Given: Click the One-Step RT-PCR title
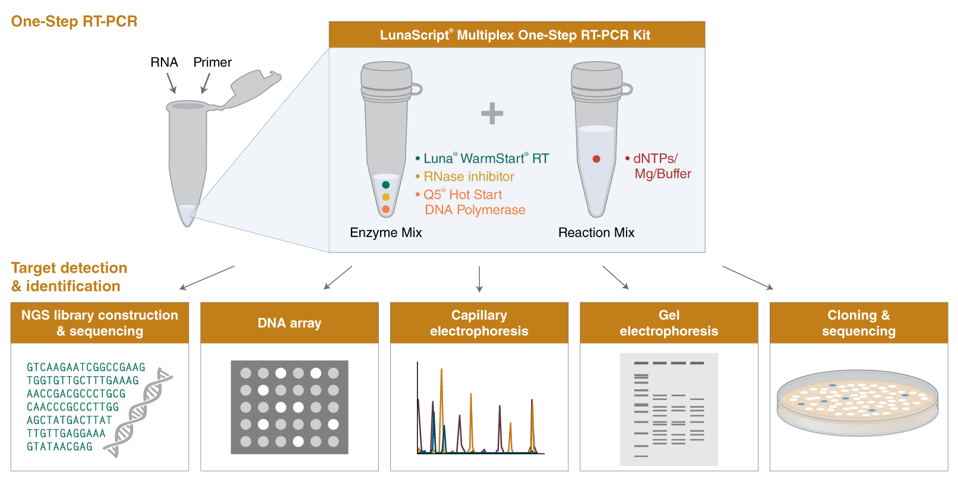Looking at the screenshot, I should click(74, 21).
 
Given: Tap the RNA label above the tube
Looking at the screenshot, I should click(164, 62).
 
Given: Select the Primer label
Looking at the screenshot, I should click(212, 62).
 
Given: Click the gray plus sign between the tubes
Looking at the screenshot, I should click(492, 114).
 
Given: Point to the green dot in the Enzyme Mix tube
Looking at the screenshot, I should click(385, 185).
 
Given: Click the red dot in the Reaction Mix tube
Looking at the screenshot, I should click(596, 159).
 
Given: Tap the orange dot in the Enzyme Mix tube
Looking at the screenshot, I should click(385, 209).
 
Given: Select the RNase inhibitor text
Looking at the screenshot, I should click(469, 177).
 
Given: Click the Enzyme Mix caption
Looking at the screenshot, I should click(385, 232).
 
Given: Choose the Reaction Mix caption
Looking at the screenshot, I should click(596, 232).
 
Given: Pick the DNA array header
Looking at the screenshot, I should click(289, 323).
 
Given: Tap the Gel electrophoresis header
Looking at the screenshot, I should click(669, 323).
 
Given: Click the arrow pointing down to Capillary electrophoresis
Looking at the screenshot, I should click(479, 279).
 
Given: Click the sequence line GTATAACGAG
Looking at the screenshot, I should click(59, 446).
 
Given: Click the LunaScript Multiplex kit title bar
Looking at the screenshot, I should click(516, 35).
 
